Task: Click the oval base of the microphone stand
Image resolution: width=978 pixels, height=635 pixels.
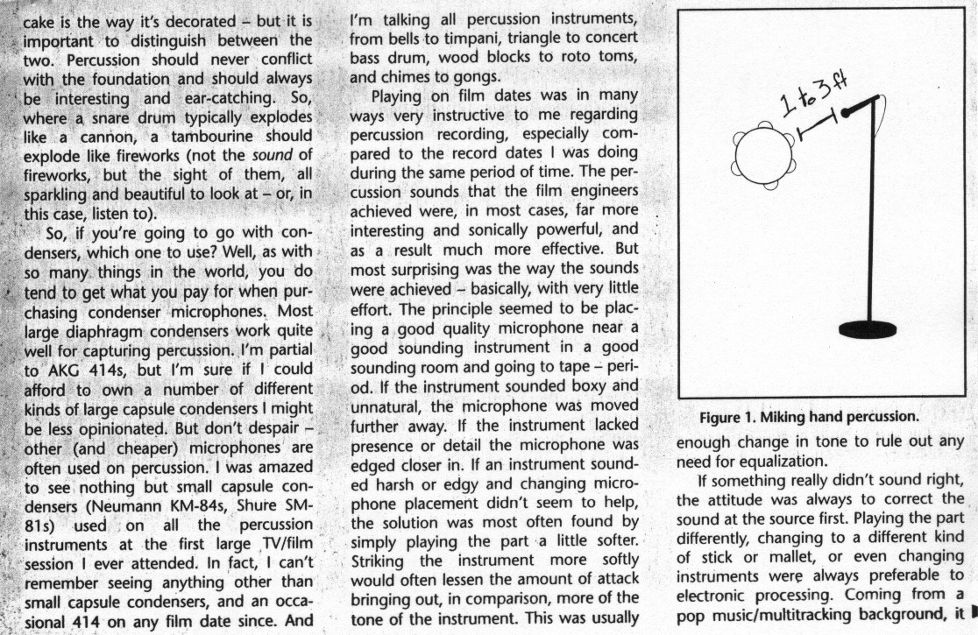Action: point(868,329)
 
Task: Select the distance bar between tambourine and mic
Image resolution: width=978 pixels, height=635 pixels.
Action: point(817,127)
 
